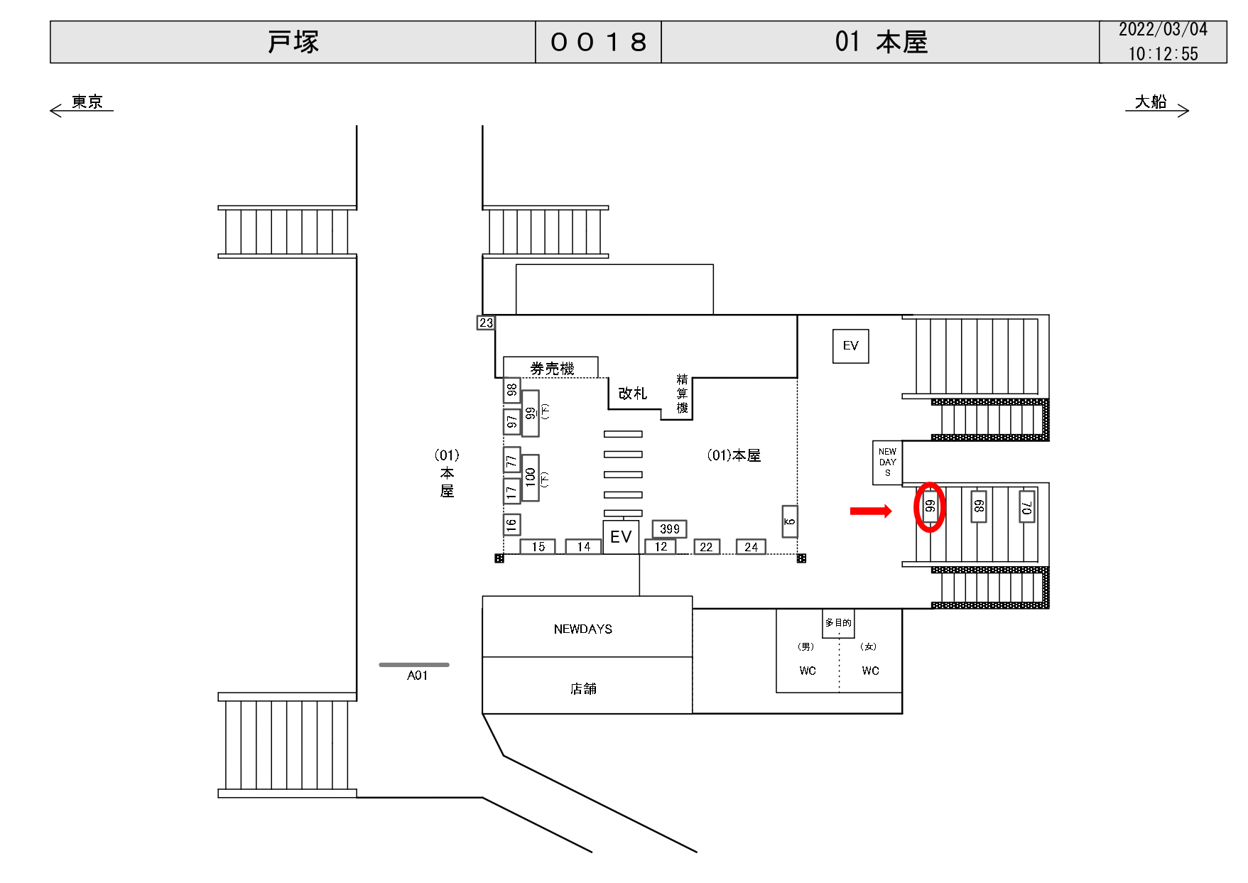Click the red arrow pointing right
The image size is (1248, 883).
pos(870,511)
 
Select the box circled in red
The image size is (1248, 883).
pos(930,507)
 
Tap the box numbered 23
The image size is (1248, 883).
pos(486,323)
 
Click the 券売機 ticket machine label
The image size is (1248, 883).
pos(551,368)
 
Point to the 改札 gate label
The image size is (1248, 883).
pos(632,394)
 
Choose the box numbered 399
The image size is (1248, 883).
pos(669,529)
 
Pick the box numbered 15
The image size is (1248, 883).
pos(538,546)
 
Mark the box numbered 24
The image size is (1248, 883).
pos(751,546)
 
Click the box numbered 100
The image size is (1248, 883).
pos(531,477)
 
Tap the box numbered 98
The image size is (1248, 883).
pos(512,390)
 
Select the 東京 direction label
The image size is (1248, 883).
pos(87,102)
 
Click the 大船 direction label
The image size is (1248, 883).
pos(1151,102)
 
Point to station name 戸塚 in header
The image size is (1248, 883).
pos(293,42)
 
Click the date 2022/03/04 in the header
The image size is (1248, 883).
pos(1163,30)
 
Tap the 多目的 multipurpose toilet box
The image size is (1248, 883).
pos(838,623)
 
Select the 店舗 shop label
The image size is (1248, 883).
pos(583,688)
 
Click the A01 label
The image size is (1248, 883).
pos(417,676)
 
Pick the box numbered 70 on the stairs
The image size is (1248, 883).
pos(1026,506)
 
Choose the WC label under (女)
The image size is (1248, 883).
pos(870,671)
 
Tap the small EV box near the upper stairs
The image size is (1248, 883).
pos(850,346)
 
